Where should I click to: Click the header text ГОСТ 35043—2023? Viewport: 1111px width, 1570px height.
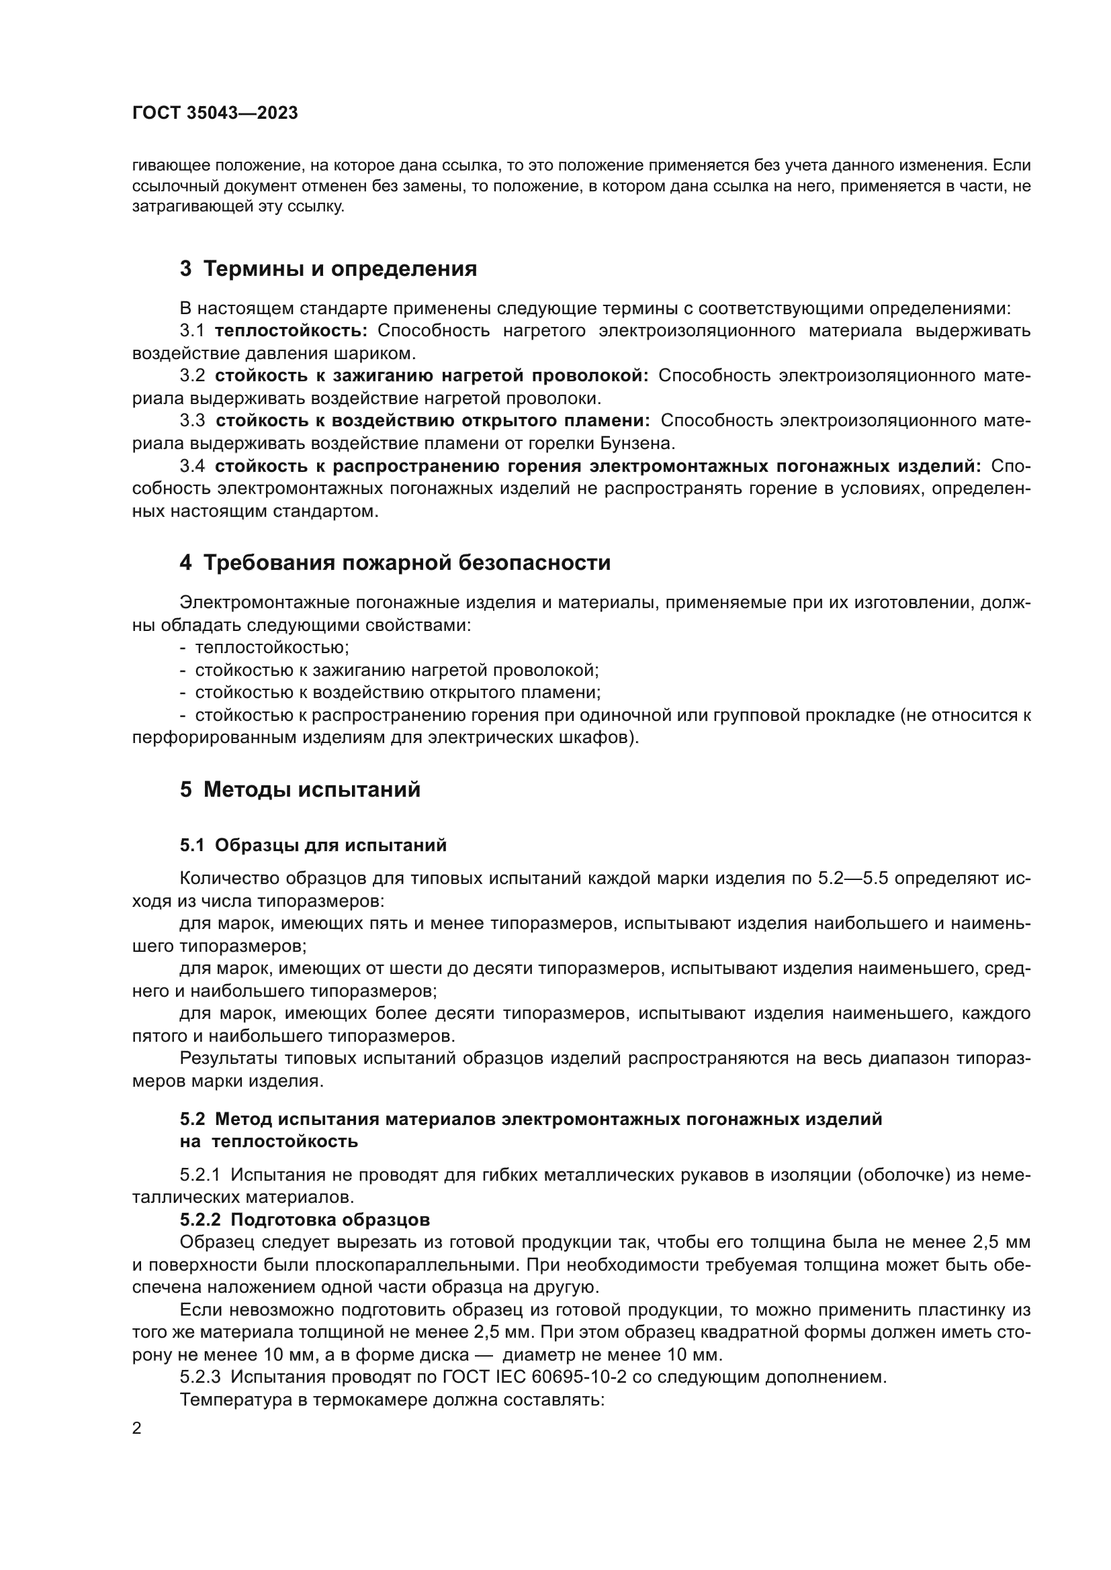(215, 113)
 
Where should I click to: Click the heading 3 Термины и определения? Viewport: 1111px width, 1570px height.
(328, 268)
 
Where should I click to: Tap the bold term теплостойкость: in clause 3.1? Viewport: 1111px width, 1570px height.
(291, 331)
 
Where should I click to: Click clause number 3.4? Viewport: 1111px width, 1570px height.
(192, 467)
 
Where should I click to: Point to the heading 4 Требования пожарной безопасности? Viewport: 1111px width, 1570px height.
(396, 562)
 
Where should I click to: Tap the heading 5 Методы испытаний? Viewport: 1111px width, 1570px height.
(300, 790)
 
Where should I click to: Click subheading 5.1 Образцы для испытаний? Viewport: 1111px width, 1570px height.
(313, 845)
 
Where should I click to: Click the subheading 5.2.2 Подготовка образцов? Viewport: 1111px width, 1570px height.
(305, 1220)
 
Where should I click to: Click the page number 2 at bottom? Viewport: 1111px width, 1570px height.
(137, 1428)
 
